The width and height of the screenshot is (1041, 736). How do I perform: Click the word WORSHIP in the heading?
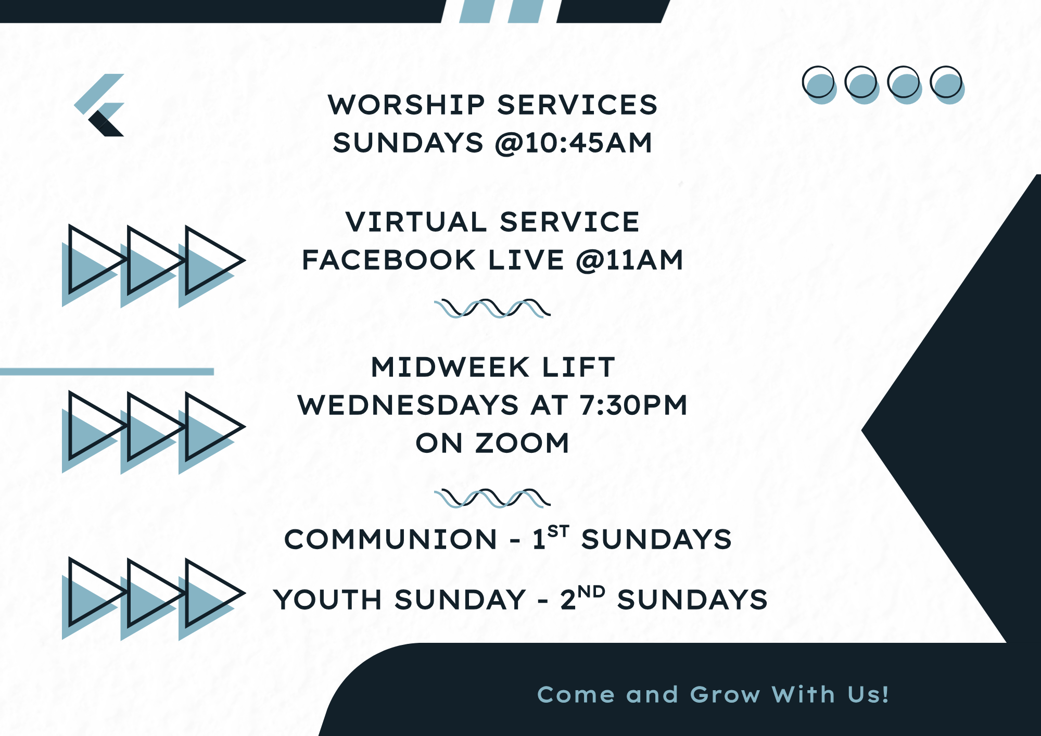(x=407, y=105)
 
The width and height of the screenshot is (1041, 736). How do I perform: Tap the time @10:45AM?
(x=574, y=143)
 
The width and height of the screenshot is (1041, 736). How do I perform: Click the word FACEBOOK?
(x=389, y=260)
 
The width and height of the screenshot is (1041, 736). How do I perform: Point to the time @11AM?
(x=630, y=260)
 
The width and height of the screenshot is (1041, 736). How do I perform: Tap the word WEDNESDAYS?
(x=408, y=405)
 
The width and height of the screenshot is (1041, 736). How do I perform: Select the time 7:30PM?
(x=634, y=405)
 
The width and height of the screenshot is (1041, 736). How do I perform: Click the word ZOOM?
(x=522, y=443)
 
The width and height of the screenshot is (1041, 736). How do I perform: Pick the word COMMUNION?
(x=391, y=539)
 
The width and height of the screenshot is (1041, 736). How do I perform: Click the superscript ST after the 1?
(x=558, y=531)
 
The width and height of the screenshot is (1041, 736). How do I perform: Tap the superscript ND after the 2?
(x=591, y=592)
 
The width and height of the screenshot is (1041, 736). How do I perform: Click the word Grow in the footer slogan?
(x=725, y=695)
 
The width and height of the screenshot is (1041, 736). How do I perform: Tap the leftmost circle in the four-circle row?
(x=819, y=85)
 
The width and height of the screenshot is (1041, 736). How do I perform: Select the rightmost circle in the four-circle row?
(x=947, y=85)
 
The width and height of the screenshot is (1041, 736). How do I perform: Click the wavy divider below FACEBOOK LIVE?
(x=492, y=308)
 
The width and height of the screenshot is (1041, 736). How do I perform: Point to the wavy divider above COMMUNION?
(x=492, y=498)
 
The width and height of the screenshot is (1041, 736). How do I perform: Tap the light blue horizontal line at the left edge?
(x=107, y=372)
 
